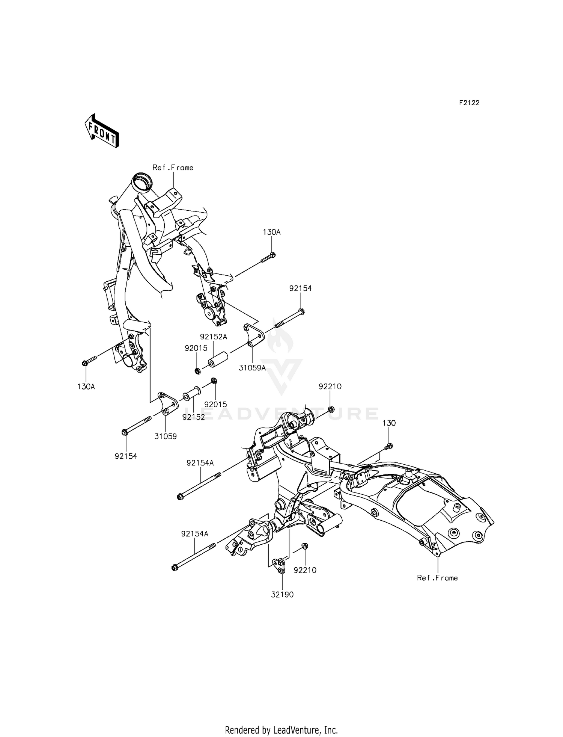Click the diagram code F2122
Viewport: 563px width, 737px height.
[469, 103]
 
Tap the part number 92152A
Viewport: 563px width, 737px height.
[214, 337]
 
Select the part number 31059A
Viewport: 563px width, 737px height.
[252, 368]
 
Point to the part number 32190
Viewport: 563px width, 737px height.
[282, 595]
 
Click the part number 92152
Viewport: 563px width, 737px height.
[194, 417]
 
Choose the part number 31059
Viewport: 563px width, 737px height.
[166, 436]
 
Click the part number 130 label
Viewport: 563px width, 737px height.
[389, 423]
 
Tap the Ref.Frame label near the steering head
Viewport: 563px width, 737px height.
[173, 168]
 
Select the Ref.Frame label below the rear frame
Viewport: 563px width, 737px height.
[437, 578]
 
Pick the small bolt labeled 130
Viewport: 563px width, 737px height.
[389, 446]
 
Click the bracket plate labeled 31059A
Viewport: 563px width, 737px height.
[254, 335]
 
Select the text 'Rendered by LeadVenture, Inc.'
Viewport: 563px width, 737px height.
[281, 729]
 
